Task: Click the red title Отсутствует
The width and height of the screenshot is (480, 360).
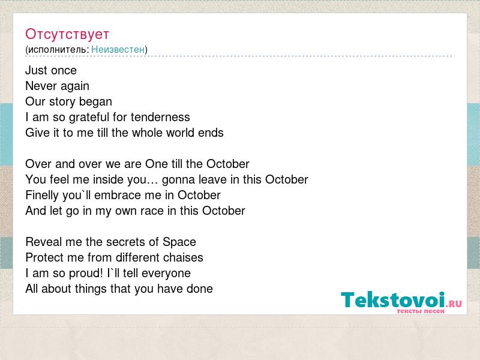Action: click(67, 34)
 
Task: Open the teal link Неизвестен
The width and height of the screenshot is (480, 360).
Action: click(118, 49)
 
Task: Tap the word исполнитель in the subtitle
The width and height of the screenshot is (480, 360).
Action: click(57, 50)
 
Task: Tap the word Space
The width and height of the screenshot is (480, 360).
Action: click(179, 242)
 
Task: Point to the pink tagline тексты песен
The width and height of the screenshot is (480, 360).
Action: click(421, 311)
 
